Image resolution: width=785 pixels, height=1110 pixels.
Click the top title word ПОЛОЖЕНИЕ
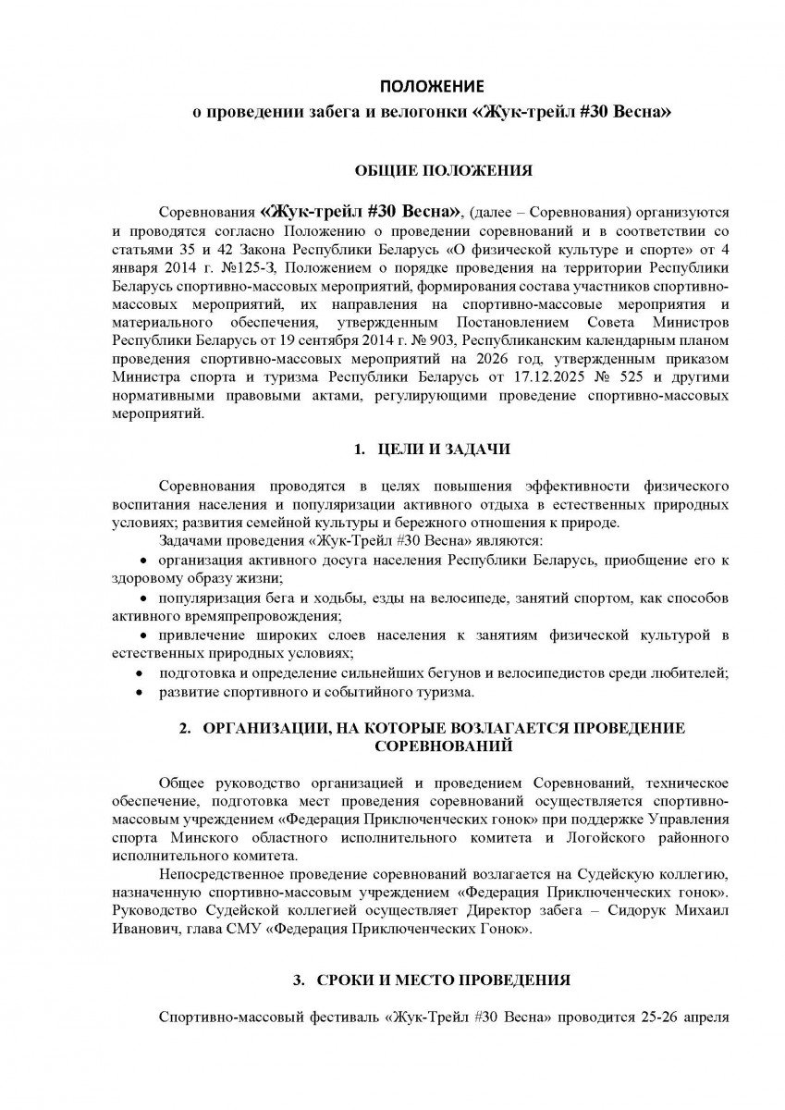tap(435, 87)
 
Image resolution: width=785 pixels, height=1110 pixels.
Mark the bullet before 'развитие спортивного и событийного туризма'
tap(140, 692)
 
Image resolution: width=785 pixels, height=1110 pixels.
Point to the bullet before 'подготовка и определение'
tap(140, 673)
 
